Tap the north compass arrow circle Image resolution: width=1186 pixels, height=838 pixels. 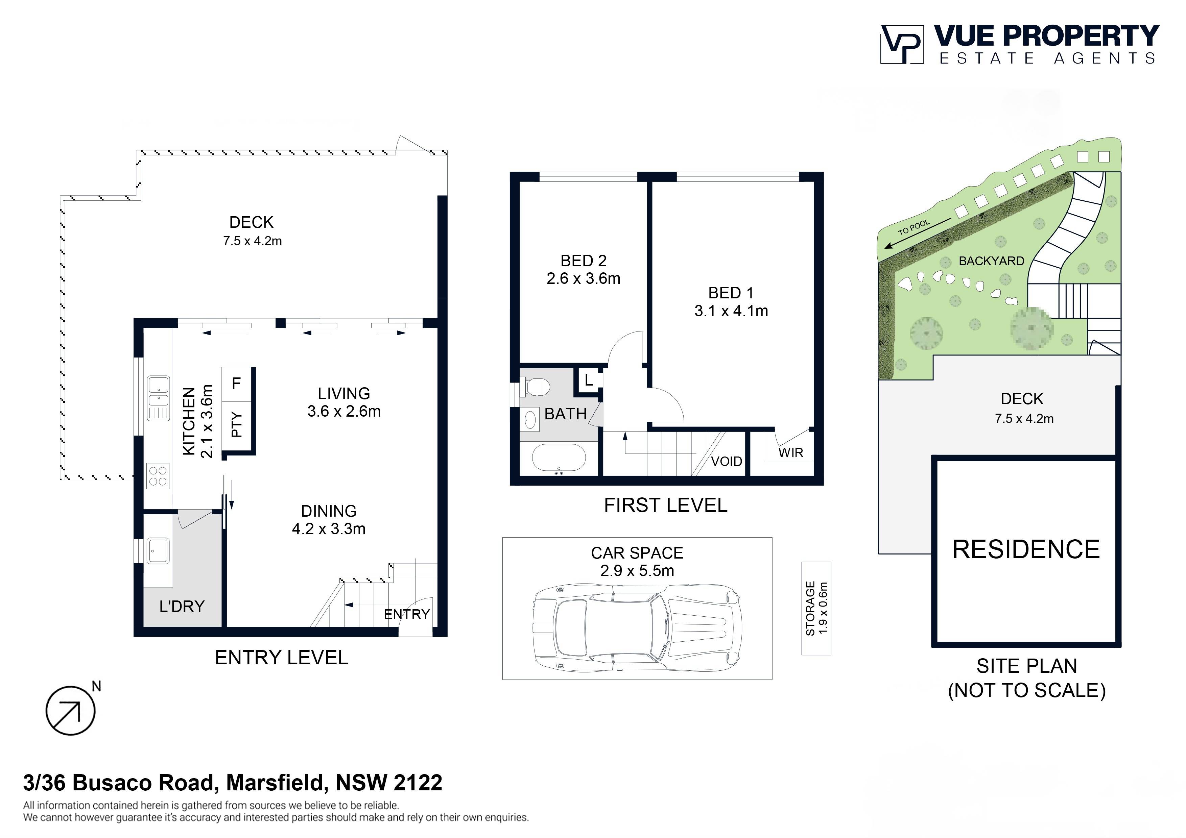pyautogui.click(x=71, y=711)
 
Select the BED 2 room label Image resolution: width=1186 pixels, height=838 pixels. pyautogui.click(x=584, y=261)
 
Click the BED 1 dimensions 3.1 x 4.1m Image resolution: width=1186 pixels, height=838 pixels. pyautogui.click(x=731, y=311)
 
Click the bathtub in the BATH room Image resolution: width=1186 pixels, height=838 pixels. pyautogui.click(x=559, y=459)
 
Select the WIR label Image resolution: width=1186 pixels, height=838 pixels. pyautogui.click(x=791, y=453)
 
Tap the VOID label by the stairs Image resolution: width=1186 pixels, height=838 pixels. pyautogui.click(x=726, y=462)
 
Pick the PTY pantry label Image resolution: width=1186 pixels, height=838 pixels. pyautogui.click(x=237, y=424)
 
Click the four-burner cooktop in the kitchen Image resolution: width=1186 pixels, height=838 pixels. pyautogui.click(x=158, y=476)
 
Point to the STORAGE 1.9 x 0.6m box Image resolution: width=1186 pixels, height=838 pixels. pyautogui.click(x=816, y=608)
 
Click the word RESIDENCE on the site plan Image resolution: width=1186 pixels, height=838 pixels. pyautogui.click(x=1026, y=549)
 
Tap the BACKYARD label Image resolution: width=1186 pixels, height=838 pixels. pyautogui.click(x=991, y=261)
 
